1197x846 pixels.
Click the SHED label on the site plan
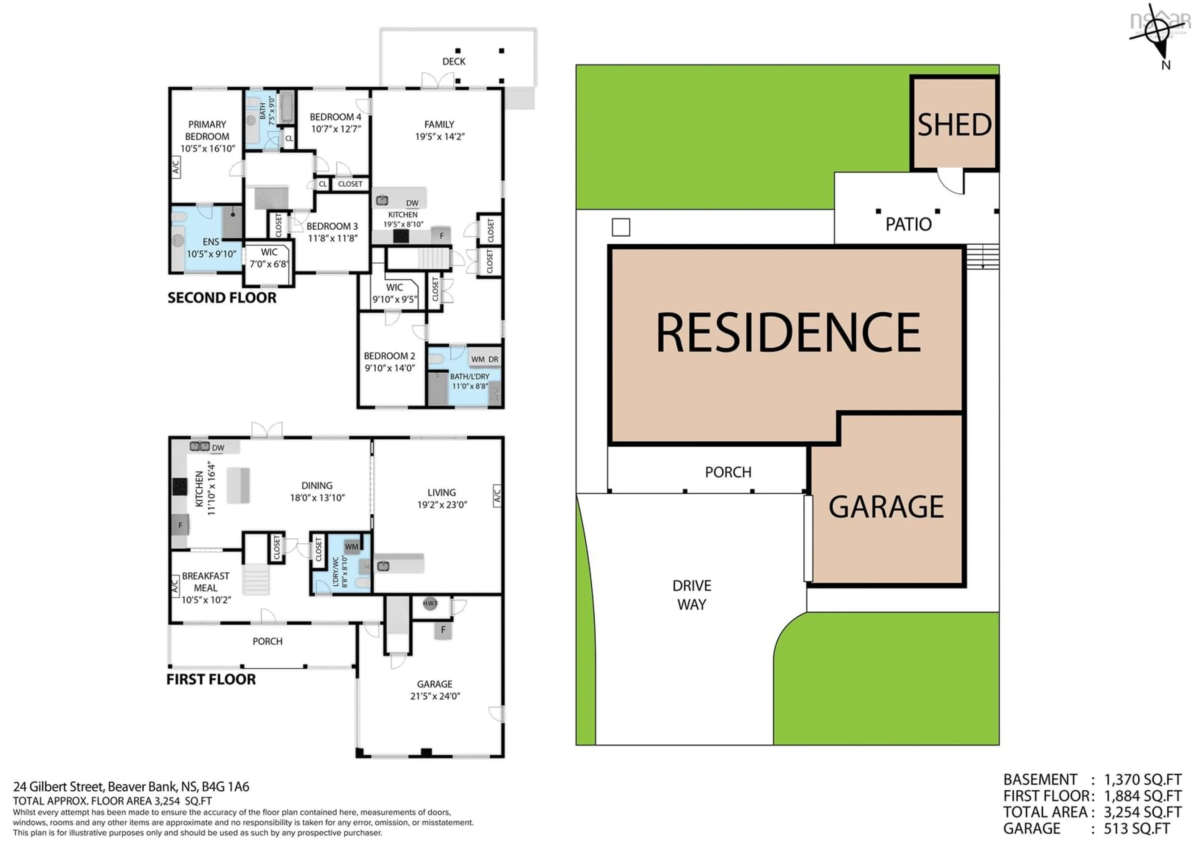(954, 125)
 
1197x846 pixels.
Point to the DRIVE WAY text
(692, 595)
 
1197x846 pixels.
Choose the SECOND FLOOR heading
(222, 298)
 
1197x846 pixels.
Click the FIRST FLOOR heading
(211, 679)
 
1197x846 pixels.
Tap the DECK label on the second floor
(454, 61)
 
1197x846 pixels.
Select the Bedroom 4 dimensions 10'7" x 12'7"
(336, 129)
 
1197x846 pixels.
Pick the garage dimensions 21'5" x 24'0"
(435, 696)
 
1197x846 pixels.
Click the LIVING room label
(442, 493)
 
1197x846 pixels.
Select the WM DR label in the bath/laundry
(484, 359)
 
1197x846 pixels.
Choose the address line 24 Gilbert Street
(131, 786)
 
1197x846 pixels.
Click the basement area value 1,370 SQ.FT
(1142, 780)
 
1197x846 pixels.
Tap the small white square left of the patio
(620, 227)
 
